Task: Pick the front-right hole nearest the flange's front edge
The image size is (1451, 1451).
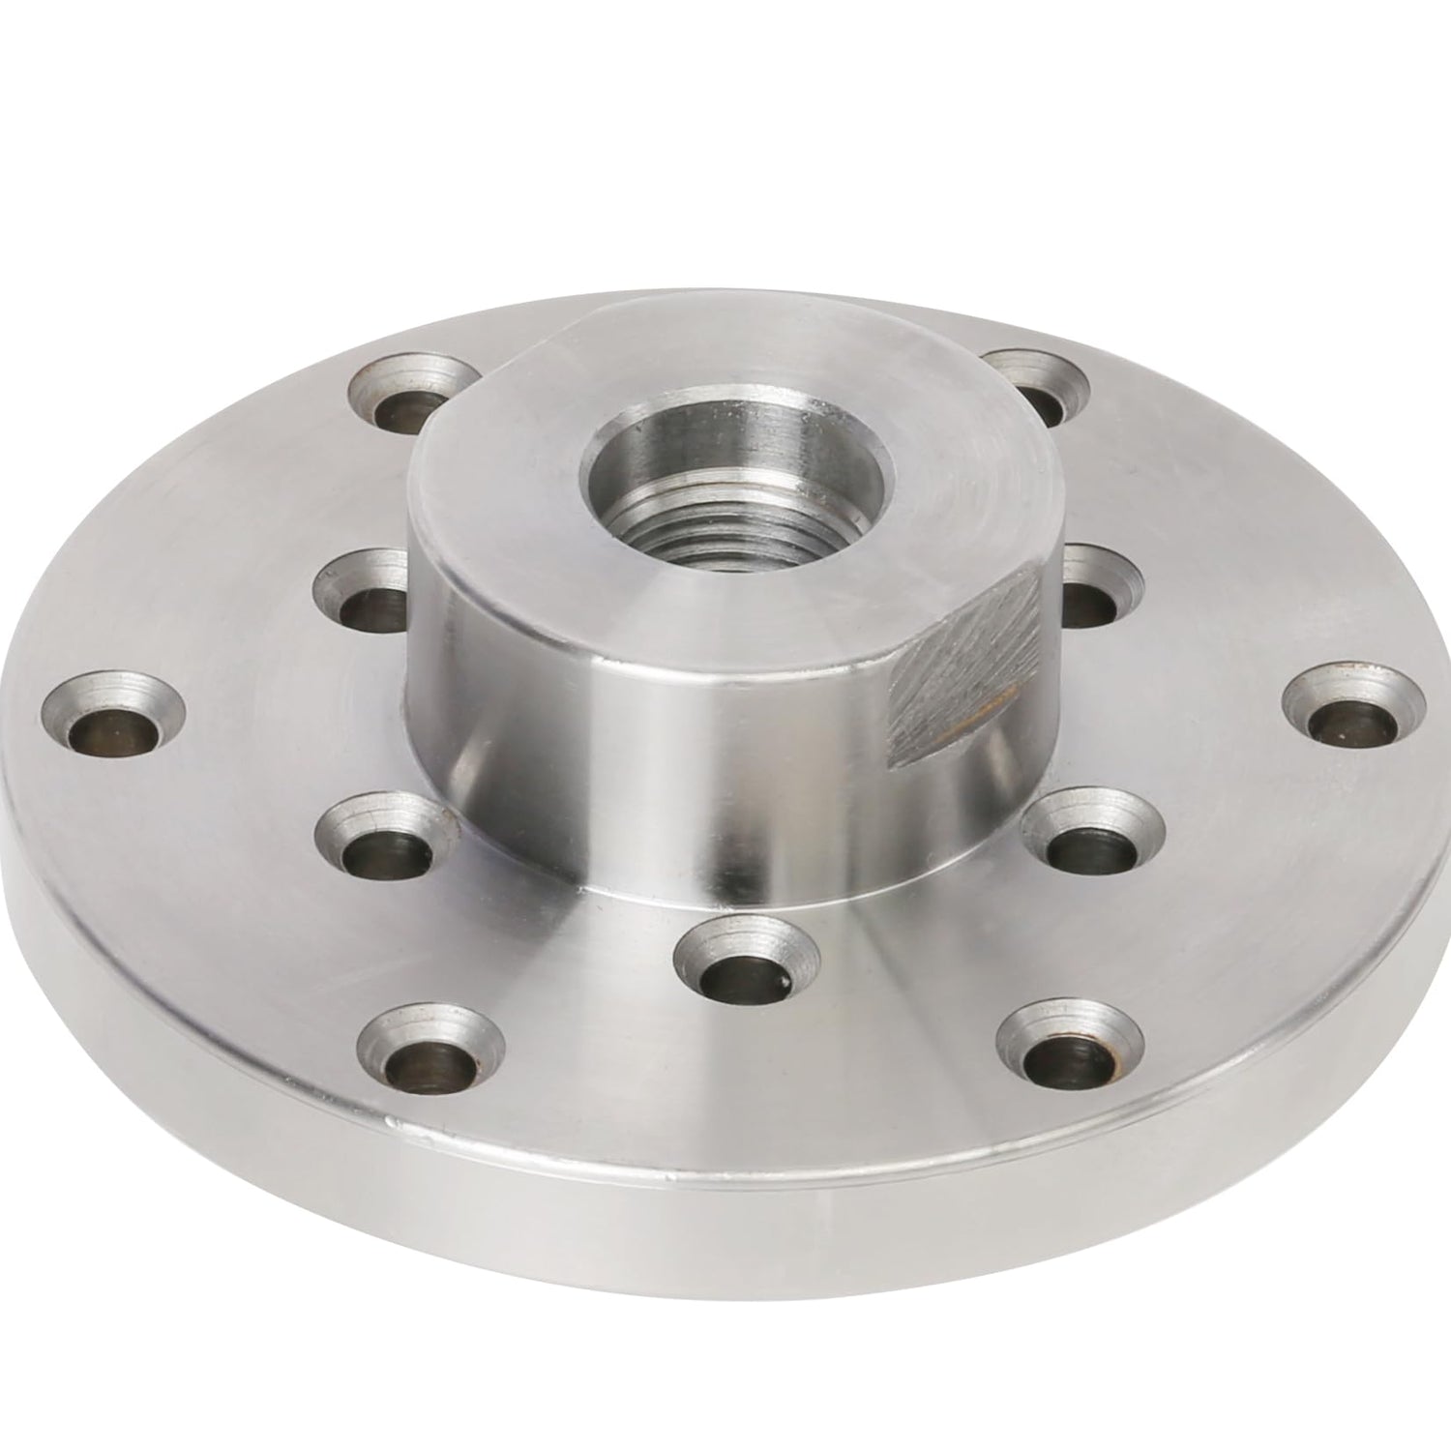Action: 1069,1054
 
